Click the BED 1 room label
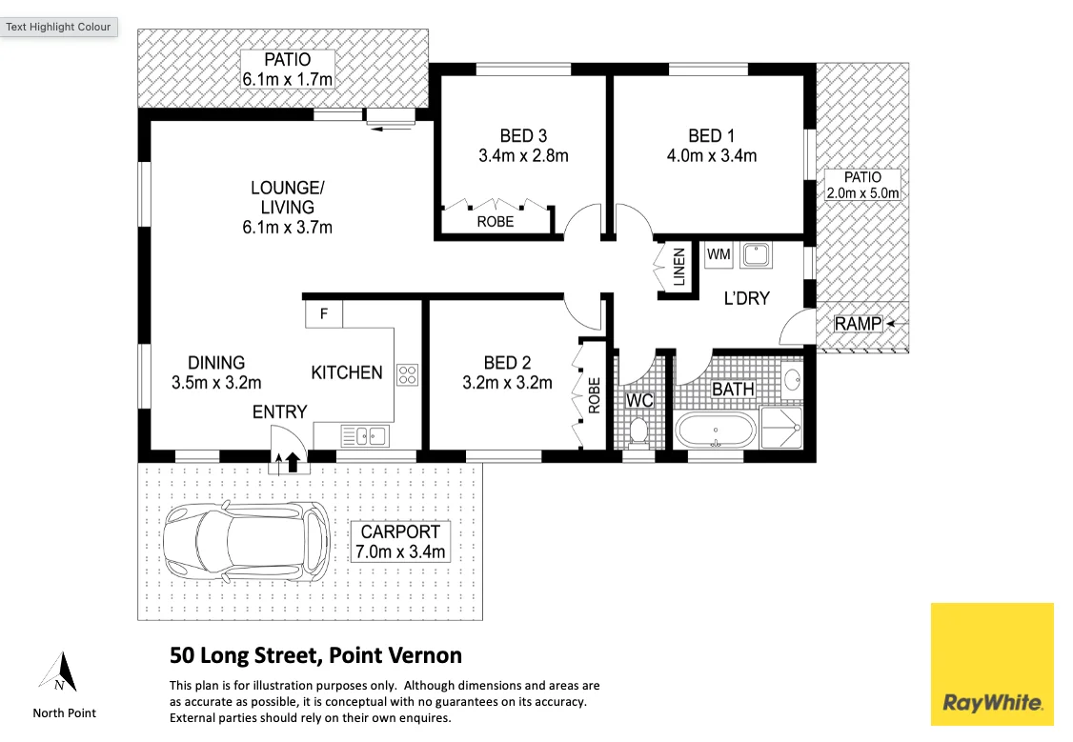[x=711, y=135]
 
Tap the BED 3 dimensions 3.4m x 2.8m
[x=523, y=156]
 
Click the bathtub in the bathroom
[x=716, y=431]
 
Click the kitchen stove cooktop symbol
[x=407, y=374]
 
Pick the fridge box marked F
[x=324, y=314]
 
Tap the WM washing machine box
[x=719, y=254]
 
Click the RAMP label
[x=859, y=324]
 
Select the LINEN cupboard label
[x=678, y=267]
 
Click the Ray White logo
[x=992, y=663]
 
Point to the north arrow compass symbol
[x=59, y=672]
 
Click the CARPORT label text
[x=400, y=532]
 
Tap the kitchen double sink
[x=365, y=435]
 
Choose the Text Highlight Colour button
[x=59, y=28]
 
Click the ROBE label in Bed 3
[x=496, y=222]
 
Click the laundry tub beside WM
[x=756, y=254]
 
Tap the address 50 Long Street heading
[x=315, y=655]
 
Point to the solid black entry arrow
[x=293, y=462]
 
